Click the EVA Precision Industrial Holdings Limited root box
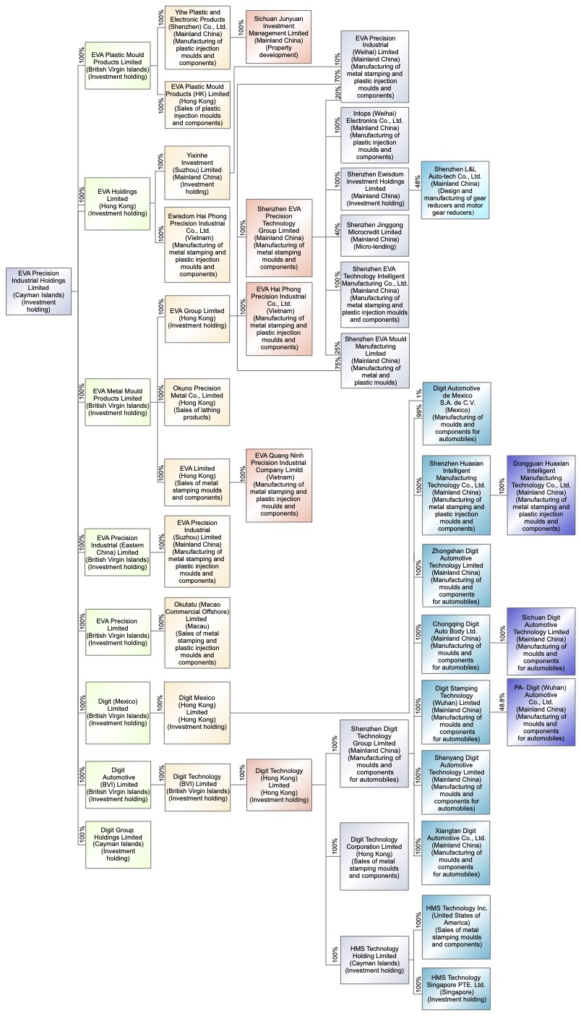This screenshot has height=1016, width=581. [38, 291]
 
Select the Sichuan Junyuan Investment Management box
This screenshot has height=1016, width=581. [279, 37]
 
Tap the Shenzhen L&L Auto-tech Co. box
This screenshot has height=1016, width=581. [455, 190]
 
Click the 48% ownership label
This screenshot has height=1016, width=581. [418, 181]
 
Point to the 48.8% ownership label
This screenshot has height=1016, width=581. [502, 701]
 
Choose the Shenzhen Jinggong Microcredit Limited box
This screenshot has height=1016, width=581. [375, 236]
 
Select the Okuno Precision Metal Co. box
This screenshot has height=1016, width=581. [197, 402]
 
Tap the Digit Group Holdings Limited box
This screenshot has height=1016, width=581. [118, 844]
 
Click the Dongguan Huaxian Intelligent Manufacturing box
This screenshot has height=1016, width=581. [541, 495]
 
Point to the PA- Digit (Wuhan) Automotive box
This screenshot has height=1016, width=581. [541, 712]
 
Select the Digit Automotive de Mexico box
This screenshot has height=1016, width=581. [457, 413]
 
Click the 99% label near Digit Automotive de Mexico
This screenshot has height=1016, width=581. [418, 411]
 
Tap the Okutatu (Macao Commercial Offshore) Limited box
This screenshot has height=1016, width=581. [197, 633]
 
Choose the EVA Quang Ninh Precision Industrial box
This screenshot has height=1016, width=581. [279, 484]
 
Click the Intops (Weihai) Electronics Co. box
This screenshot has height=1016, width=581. [375, 135]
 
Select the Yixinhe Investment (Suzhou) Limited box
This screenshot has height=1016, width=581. [197, 173]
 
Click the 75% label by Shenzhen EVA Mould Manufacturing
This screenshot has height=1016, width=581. [337, 363]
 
